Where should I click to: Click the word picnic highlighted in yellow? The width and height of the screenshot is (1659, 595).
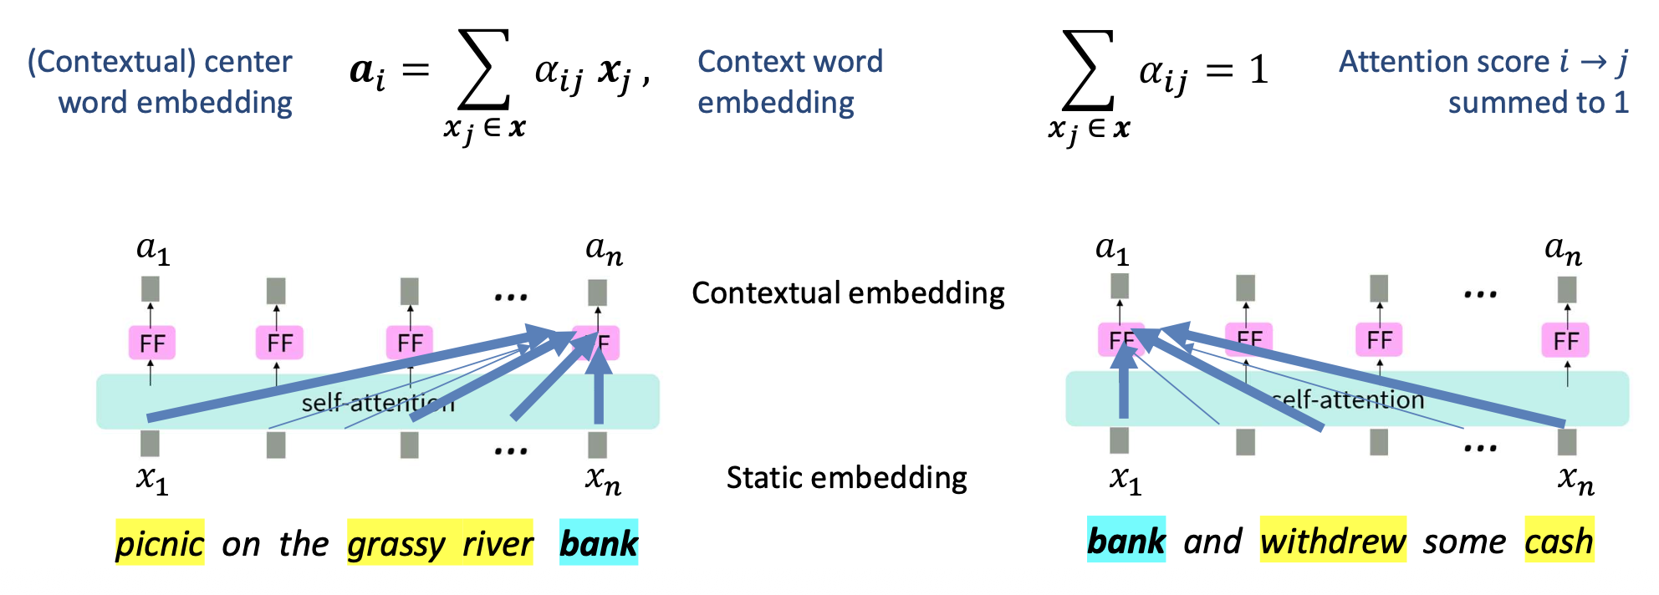[159, 543]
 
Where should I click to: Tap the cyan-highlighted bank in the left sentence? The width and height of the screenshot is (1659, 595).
[599, 543]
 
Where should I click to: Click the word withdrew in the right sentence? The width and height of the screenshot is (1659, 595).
[1333, 541]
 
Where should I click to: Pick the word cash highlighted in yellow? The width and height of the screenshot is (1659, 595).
[1559, 541]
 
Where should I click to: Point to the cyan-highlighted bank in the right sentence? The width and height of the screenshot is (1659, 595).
[1126, 541]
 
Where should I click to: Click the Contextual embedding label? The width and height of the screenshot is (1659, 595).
[848, 292]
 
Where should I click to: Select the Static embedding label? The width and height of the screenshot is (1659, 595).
[846, 477]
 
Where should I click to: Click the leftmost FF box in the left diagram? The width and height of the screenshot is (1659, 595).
[152, 343]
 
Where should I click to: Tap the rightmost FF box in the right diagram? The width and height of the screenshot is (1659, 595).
[1565, 340]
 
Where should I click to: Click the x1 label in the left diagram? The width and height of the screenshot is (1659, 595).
[152, 480]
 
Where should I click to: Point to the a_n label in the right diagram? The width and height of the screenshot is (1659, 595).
[1563, 249]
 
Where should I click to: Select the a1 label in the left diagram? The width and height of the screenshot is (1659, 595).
[153, 249]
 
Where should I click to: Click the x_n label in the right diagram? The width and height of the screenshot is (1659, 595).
[1575, 480]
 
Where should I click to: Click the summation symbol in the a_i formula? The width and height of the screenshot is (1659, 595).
[484, 70]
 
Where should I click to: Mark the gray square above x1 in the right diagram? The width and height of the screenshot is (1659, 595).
[1120, 440]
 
